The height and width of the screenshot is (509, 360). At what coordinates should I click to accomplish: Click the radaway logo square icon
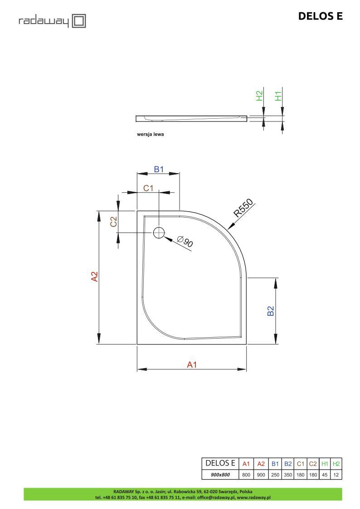click(x=79, y=20)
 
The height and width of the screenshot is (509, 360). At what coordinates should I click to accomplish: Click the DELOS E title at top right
click(x=320, y=16)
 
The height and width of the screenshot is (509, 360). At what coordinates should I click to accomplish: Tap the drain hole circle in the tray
click(x=159, y=233)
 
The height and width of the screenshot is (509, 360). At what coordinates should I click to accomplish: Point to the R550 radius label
click(x=243, y=208)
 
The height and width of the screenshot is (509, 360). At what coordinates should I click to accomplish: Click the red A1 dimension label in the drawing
click(x=192, y=364)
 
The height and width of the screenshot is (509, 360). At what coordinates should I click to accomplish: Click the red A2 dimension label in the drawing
click(x=94, y=276)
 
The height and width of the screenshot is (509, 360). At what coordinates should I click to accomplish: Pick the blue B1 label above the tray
click(x=158, y=169)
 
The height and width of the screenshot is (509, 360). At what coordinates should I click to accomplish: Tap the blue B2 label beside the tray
click(x=271, y=311)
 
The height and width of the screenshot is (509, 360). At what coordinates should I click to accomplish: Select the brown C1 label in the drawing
click(x=149, y=188)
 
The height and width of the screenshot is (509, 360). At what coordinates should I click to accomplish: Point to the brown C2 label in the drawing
click(x=114, y=222)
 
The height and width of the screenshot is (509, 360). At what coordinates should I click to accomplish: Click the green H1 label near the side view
click(x=279, y=96)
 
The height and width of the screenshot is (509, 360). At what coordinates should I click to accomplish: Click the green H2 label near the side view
click(x=259, y=96)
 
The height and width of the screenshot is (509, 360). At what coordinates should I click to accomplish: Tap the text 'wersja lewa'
click(x=151, y=135)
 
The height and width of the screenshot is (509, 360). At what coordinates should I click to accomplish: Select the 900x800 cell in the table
click(x=220, y=475)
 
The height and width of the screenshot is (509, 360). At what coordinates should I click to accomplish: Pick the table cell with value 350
click(x=288, y=475)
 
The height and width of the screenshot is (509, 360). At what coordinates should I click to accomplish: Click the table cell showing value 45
click(x=325, y=475)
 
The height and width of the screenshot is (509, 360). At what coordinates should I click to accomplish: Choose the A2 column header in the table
click(x=261, y=464)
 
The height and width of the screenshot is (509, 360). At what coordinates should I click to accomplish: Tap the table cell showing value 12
click(x=336, y=475)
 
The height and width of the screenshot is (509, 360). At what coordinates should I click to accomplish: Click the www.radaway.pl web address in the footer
click(x=254, y=497)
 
